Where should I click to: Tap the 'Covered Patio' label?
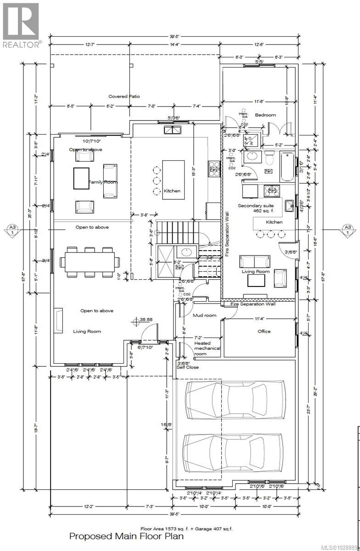pos(124,96)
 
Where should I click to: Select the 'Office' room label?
pos(264,331)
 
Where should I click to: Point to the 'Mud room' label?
pos(204,315)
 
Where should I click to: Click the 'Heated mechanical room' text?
pos(207,348)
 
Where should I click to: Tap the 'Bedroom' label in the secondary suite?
pos(265,115)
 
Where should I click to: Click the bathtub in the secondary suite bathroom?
pos(287,166)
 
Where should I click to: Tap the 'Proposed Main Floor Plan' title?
pos(126,536)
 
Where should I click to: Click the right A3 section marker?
pos(348,229)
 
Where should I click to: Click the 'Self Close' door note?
pos(188,367)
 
